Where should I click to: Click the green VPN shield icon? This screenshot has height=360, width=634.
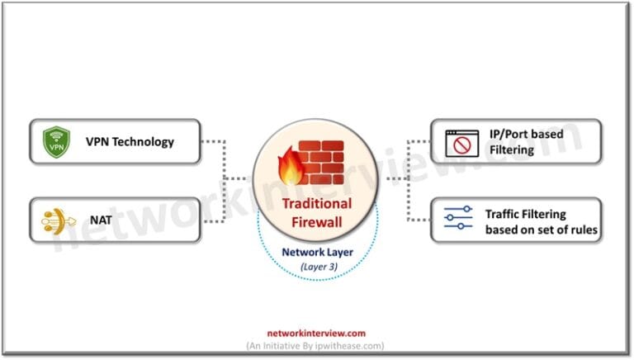[56, 141]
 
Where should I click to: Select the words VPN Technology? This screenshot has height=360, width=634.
[130, 141]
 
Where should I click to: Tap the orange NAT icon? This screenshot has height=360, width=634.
[56, 220]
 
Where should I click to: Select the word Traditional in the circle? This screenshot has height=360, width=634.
[316, 203]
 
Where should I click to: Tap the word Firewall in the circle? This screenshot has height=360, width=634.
[316, 220]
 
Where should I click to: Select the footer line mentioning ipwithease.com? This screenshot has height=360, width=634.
[317, 345]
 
